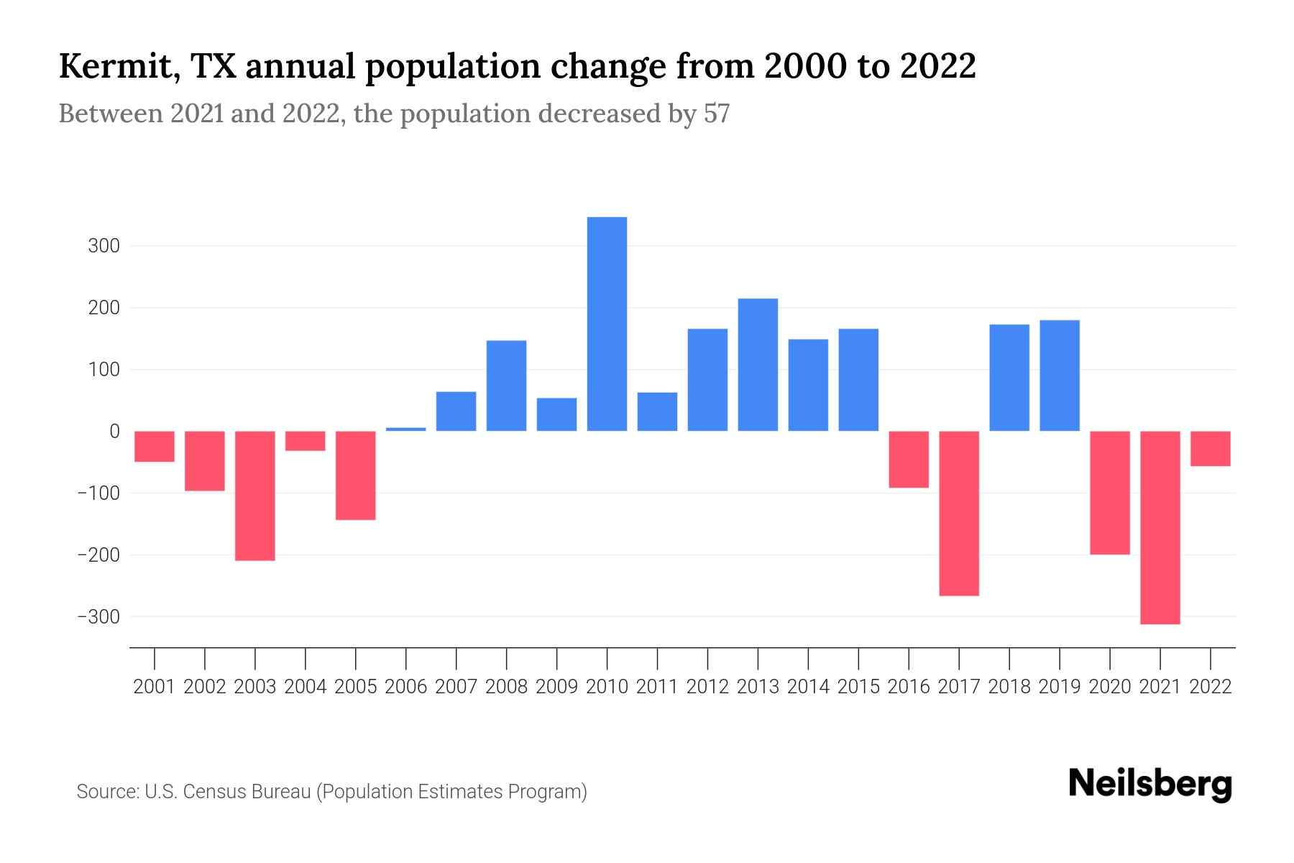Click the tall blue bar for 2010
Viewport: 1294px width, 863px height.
[607, 324]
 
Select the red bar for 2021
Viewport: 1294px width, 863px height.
[1160, 527]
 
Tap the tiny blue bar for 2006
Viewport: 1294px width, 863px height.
[406, 429]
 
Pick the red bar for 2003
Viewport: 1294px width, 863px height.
[255, 496]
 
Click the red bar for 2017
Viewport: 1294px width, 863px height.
[959, 513]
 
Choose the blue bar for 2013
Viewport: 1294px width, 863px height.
[758, 365]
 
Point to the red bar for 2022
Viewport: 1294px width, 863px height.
[1211, 449]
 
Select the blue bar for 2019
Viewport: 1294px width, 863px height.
[1060, 375]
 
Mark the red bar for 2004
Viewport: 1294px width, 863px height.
[306, 441]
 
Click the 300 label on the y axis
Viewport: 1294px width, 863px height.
[104, 246]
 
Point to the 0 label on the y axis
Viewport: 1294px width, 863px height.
[114, 431]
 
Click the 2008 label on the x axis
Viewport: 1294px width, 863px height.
[506, 687]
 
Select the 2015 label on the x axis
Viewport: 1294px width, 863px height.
[858, 687]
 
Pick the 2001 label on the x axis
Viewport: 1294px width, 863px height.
[155, 687]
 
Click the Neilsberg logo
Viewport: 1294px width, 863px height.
[1150, 784]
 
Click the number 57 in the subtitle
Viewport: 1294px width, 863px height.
[716, 114]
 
